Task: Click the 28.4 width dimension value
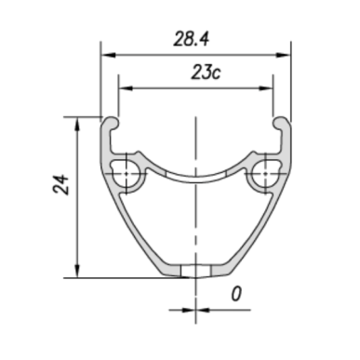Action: pos(191,39)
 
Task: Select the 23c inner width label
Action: pos(206,73)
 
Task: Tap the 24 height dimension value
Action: pos(61,184)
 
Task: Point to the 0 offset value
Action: pos(236,294)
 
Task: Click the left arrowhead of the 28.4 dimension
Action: pos(109,55)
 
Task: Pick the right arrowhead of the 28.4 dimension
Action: pos(283,55)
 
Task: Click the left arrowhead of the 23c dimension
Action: pos(126,88)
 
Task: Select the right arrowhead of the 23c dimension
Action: pos(265,88)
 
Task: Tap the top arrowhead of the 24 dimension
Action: pos(77,125)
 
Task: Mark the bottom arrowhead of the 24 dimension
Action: pos(77,271)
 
